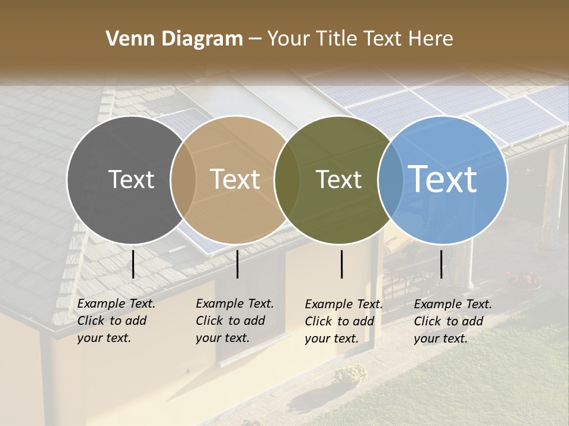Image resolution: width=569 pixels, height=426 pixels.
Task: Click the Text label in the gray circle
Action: (x=131, y=179)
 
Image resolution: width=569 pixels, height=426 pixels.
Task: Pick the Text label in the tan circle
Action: (x=235, y=179)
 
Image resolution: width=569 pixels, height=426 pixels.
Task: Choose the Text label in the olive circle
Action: (x=338, y=179)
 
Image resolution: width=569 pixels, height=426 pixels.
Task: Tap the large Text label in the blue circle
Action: (x=443, y=179)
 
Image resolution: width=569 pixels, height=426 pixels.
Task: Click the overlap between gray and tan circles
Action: (x=183, y=180)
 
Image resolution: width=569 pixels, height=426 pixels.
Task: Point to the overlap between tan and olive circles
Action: (x=287, y=180)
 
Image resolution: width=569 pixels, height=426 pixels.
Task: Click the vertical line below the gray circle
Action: (x=133, y=264)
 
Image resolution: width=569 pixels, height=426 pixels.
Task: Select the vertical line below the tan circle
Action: (x=237, y=264)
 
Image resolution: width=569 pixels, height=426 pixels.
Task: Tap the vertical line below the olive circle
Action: (x=342, y=264)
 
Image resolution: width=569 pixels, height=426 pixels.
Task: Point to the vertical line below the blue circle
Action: (x=442, y=264)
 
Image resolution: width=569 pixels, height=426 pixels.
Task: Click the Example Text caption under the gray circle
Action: (x=116, y=321)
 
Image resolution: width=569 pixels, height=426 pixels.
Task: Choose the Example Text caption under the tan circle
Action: (x=234, y=321)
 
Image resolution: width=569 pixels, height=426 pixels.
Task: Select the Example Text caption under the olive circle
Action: (x=343, y=321)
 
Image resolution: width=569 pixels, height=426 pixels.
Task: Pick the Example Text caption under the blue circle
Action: (x=452, y=321)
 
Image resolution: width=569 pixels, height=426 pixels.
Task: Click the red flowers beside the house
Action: (x=524, y=278)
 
